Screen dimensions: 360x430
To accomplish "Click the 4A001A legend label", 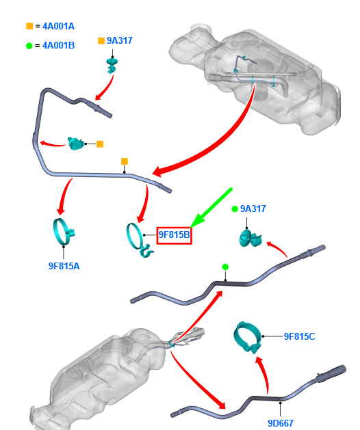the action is (x=58, y=27).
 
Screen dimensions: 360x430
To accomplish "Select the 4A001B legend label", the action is (x=58, y=45).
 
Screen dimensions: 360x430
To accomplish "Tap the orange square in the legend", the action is (x=29, y=26).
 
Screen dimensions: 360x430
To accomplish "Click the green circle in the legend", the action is (x=29, y=46).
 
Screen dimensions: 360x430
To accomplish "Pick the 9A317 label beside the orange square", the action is (x=120, y=40).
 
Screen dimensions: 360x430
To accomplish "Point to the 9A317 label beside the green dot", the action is (x=253, y=209).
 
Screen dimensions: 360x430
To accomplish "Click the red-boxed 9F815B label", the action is (x=174, y=235).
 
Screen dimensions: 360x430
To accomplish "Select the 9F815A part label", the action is (x=64, y=266).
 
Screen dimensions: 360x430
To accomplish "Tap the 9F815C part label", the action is (x=299, y=336).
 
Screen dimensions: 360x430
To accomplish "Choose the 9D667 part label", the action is (x=281, y=423).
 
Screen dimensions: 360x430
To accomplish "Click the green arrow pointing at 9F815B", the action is (x=211, y=208).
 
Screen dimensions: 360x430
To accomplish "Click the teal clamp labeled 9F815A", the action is (x=64, y=232).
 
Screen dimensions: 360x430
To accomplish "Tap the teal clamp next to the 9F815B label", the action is (x=139, y=240).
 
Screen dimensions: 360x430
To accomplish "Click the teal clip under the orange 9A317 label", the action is (x=112, y=66).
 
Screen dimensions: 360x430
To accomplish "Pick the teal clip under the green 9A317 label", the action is (x=250, y=238).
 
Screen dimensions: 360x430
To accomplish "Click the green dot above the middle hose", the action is (x=225, y=267).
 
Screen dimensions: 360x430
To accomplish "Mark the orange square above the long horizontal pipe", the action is (x=125, y=161).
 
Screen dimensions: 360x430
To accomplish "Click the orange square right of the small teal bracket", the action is (x=100, y=144).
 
